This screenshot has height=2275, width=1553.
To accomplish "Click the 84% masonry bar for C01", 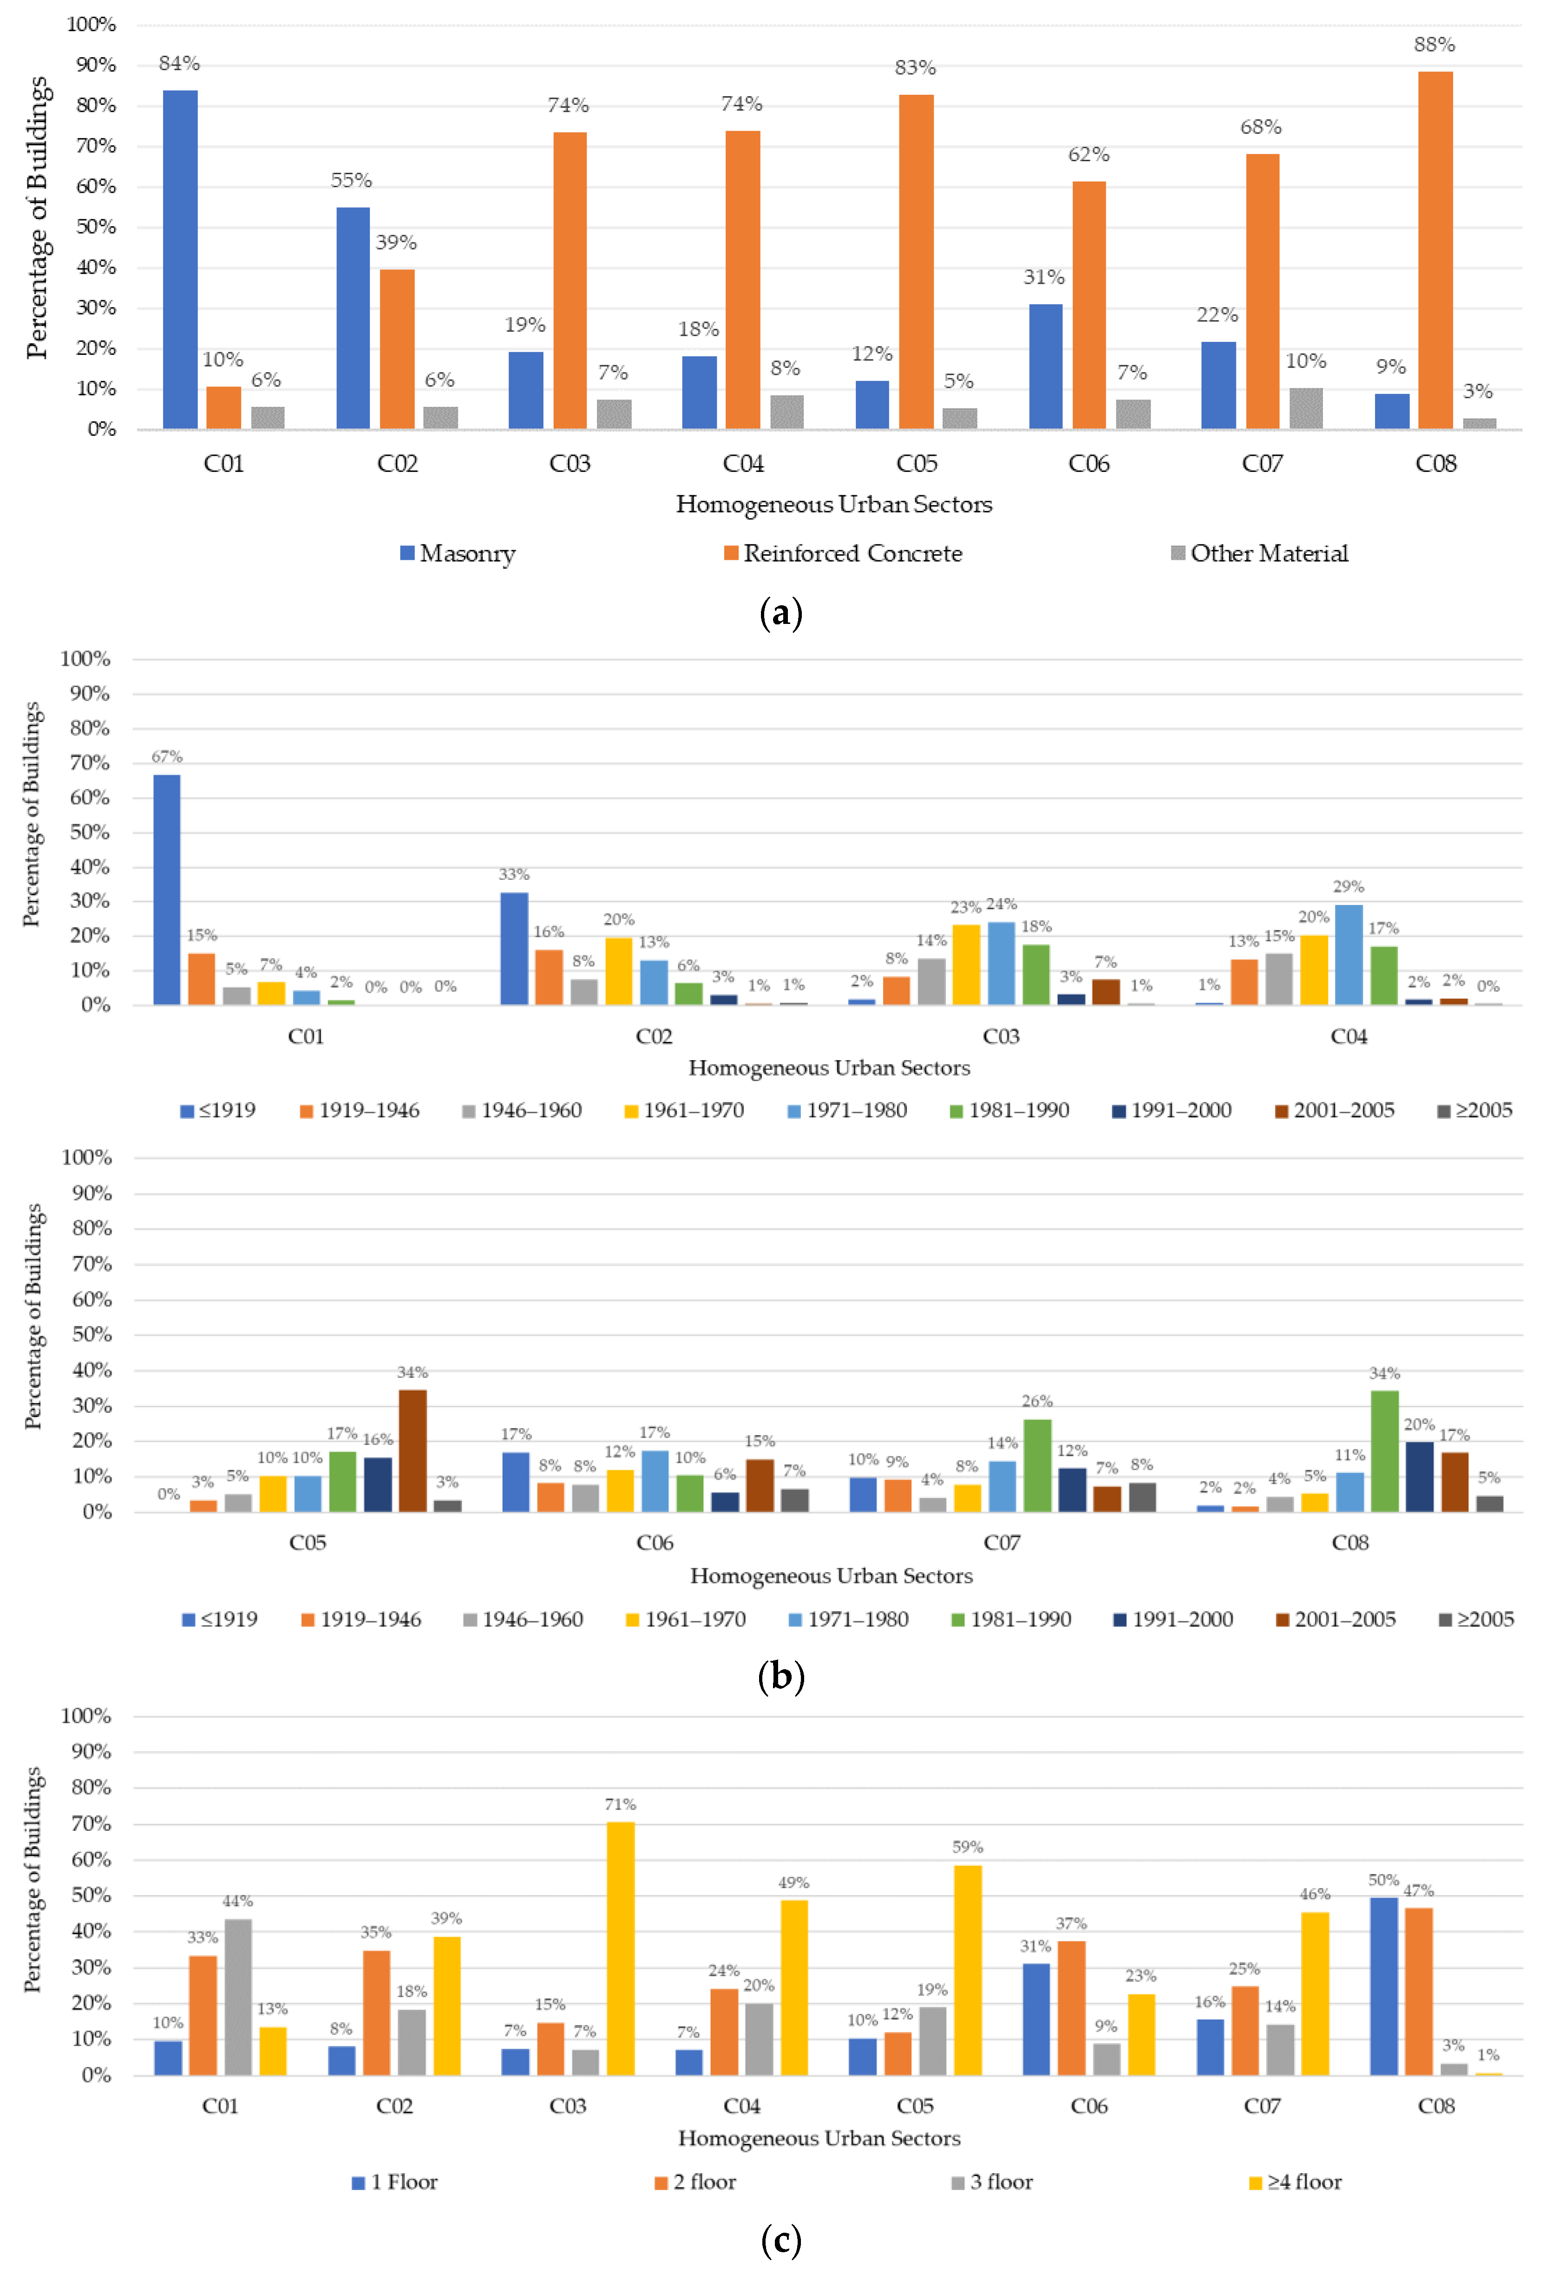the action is tap(180, 259).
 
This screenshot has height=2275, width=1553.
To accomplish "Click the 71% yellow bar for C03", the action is tap(621, 1948).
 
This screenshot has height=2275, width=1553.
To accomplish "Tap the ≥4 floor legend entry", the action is tap(1295, 2182).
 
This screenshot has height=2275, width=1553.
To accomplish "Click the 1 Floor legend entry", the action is tap(395, 2182).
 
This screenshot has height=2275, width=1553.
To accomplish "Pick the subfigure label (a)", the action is tap(780, 614).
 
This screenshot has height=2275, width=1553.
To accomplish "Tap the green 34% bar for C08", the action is tap(1385, 1452).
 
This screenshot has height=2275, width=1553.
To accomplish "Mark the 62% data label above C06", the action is tap(1089, 155).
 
